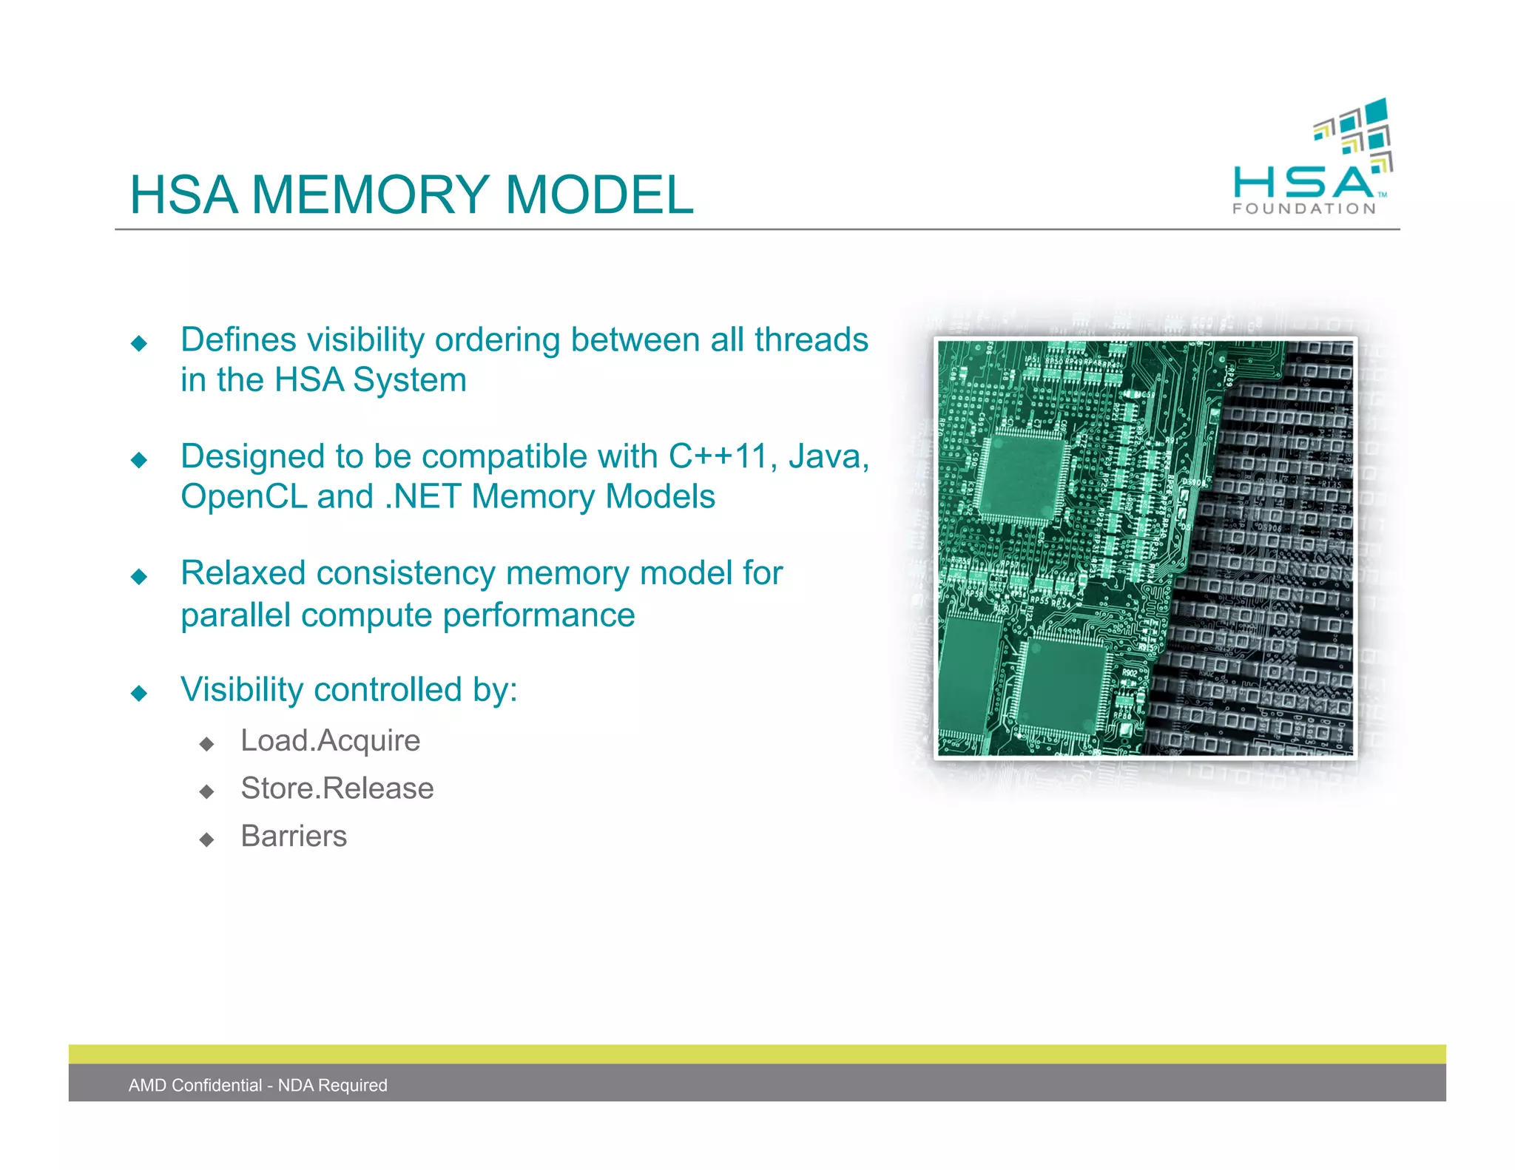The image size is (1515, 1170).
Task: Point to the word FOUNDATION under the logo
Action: point(1303,209)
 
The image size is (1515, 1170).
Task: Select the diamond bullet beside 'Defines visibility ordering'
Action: point(139,343)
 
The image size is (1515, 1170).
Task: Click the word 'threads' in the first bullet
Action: point(811,340)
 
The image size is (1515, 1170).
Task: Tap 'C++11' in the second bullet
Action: point(718,456)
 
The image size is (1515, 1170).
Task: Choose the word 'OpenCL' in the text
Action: point(244,496)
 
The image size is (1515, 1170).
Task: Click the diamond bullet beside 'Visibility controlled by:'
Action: point(139,693)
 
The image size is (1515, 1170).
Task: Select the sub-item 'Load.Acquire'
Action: point(330,740)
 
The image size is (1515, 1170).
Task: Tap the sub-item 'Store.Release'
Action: point(337,788)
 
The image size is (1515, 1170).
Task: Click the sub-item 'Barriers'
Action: point(294,836)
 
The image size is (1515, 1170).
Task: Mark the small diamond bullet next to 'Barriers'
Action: point(207,839)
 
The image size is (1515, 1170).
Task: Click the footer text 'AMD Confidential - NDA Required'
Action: point(257,1085)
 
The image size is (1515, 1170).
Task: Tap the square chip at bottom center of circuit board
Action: point(1063,683)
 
